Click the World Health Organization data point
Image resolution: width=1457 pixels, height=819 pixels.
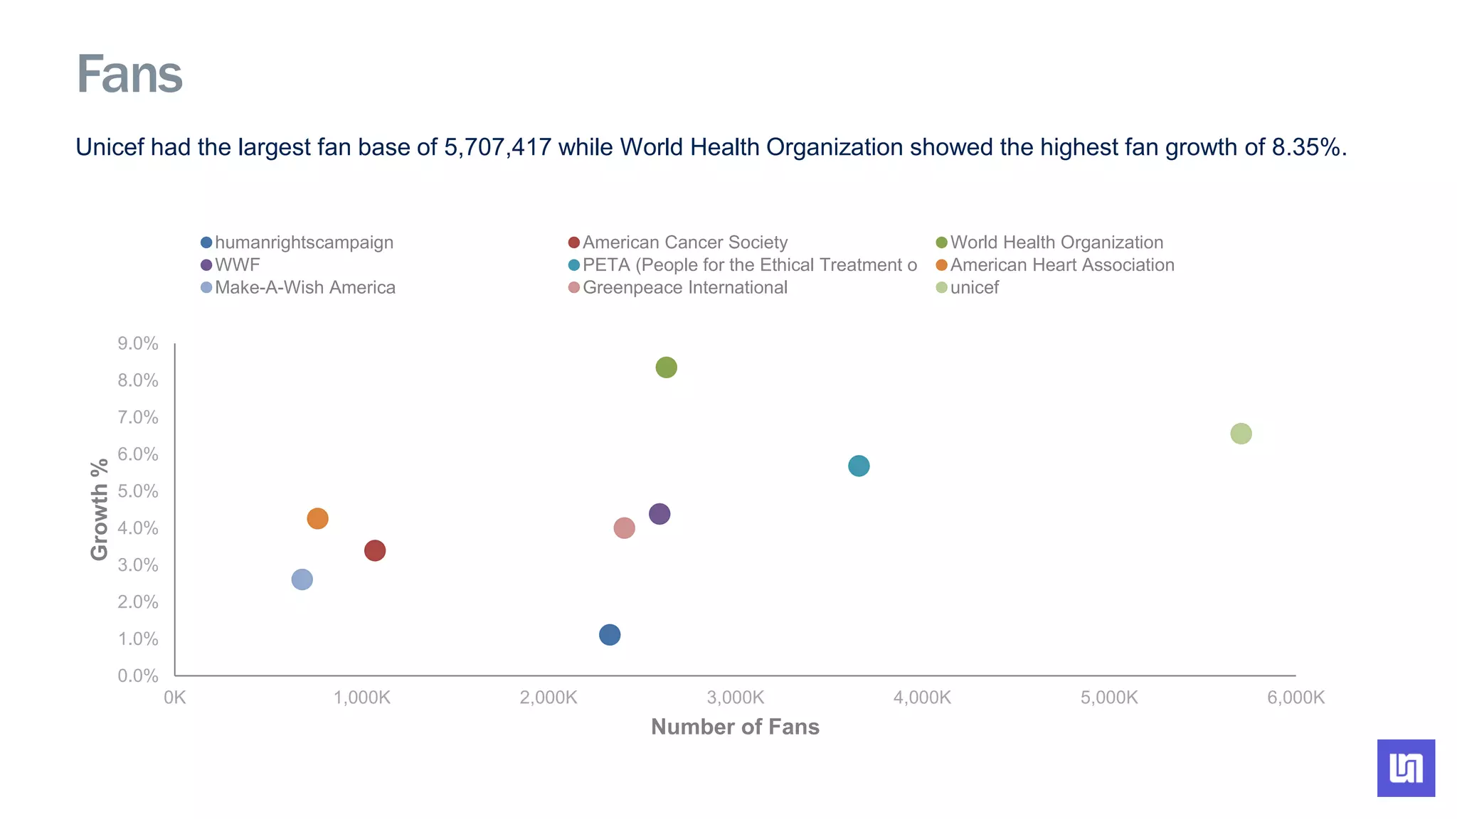pos(666,368)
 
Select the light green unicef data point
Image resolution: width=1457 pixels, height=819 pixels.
pos(1241,434)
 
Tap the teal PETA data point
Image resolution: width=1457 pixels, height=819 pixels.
pos(859,466)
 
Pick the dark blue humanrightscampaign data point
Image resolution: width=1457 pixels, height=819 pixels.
pos(610,635)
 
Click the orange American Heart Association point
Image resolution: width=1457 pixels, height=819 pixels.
pos(317,519)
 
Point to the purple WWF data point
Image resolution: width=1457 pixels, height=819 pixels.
pos(659,514)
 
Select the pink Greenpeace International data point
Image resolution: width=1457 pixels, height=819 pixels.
pos(624,528)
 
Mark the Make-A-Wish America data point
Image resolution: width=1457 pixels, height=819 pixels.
pos(302,579)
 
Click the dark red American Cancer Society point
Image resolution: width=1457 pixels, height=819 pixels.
pos(375,551)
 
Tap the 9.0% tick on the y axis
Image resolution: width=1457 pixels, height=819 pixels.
pos(138,344)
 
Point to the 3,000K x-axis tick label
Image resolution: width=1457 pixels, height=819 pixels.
pos(736,697)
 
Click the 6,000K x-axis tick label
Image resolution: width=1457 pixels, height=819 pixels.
pos(1296,697)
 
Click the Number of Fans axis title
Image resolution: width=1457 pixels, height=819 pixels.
pos(735,727)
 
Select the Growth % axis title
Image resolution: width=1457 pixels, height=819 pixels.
pos(100,509)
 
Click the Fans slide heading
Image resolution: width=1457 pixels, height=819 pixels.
pos(129,74)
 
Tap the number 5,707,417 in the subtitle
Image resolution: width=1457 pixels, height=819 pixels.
pos(497,147)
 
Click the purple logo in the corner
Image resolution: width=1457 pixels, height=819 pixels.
pos(1406,768)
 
